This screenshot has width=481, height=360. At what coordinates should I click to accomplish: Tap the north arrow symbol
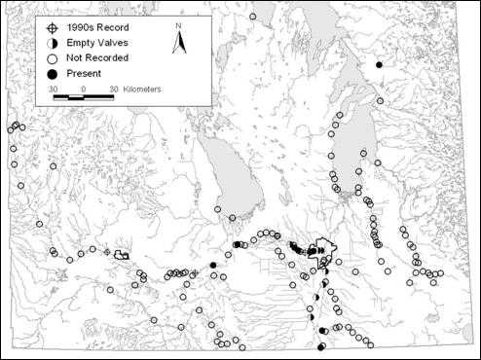[179, 42]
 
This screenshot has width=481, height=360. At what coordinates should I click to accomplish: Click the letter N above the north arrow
[179, 24]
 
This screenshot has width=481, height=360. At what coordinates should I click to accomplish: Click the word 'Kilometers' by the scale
[141, 90]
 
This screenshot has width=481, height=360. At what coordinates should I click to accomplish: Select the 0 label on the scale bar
[84, 89]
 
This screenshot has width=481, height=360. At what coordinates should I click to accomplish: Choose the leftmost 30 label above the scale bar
[55, 89]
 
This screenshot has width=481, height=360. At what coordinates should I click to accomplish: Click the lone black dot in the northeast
[379, 65]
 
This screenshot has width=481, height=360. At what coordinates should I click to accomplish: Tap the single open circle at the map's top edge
[253, 17]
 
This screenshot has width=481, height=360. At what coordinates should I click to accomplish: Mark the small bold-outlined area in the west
[122, 254]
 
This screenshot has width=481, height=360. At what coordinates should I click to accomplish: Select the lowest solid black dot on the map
[322, 346]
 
